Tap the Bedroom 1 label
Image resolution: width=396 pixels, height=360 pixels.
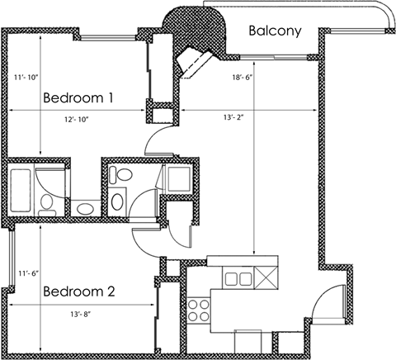(78, 97)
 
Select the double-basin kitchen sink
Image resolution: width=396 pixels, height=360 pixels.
(238, 277)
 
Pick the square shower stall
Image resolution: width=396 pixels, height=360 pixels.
(177, 178)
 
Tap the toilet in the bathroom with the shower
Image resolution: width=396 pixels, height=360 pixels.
(122, 175)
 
